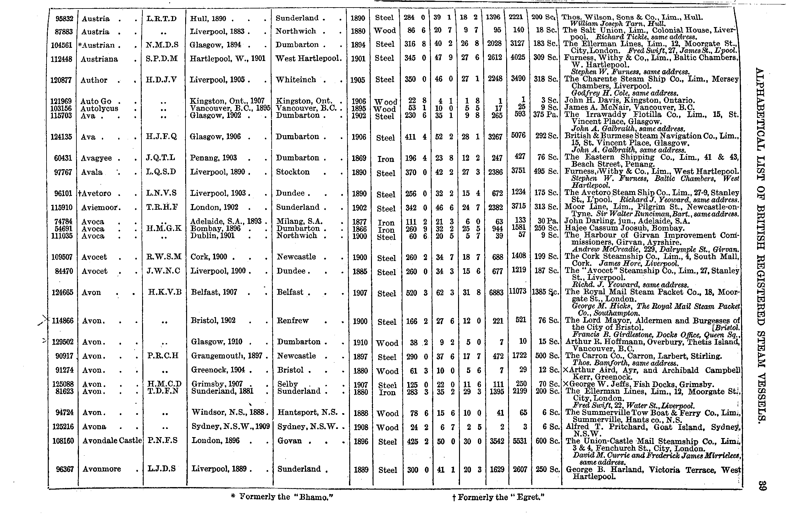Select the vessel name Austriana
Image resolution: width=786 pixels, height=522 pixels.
click(x=99, y=59)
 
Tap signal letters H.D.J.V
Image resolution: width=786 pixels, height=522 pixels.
click(x=161, y=80)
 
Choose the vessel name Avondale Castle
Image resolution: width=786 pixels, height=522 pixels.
click(x=112, y=441)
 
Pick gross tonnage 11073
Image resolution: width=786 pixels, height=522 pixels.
click(x=518, y=291)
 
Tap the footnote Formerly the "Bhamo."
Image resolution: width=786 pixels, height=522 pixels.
click(x=282, y=497)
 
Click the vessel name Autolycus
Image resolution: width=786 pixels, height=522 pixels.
click(x=99, y=108)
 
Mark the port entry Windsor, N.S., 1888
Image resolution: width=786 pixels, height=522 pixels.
click(x=230, y=412)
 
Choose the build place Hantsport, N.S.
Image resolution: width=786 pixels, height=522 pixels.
click(x=307, y=413)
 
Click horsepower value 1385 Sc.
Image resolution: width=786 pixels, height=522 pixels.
click(x=545, y=292)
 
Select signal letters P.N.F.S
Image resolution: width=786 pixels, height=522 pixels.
click(x=163, y=441)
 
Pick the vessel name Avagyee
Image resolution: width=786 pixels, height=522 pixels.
click(x=96, y=158)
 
